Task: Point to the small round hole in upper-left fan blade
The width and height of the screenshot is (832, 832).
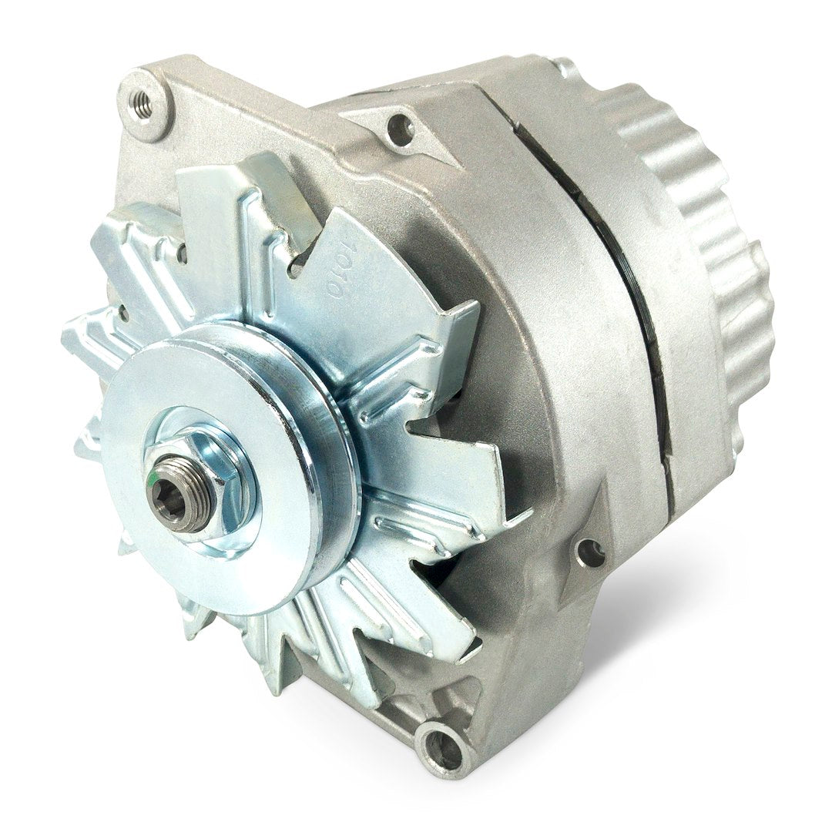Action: (183, 250)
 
